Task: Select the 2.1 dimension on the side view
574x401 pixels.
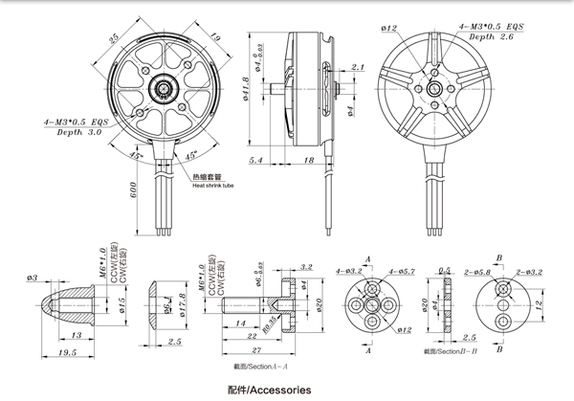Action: coord(358,67)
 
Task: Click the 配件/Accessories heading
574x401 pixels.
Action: coord(270,390)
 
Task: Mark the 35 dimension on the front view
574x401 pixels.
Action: coord(114,38)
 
